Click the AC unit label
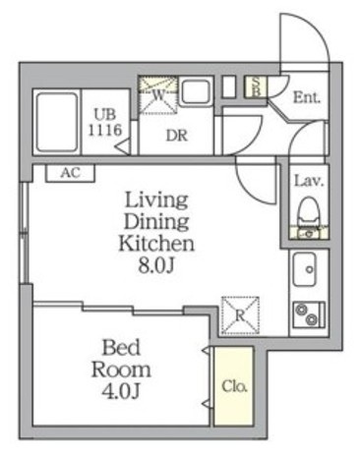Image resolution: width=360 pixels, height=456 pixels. pyautogui.click(x=70, y=173)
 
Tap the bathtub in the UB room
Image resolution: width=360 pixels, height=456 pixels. pyautogui.click(x=57, y=122)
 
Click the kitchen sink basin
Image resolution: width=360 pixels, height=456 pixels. pyautogui.click(x=305, y=268)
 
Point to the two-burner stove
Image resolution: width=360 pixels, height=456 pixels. pyautogui.click(x=309, y=314)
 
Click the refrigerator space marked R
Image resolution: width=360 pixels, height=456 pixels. pyautogui.click(x=240, y=315)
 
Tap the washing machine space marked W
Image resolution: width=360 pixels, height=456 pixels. pyautogui.click(x=158, y=94)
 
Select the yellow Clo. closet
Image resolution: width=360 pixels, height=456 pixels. pyautogui.click(x=233, y=386)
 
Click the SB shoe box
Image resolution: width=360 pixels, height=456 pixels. pyautogui.click(x=256, y=86)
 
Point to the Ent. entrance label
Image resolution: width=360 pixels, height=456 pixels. pyautogui.click(x=306, y=97)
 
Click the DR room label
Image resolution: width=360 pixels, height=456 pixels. pyautogui.click(x=177, y=136)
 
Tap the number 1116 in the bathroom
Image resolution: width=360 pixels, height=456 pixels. pyautogui.click(x=105, y=130)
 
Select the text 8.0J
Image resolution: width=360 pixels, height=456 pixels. pyautogui.click(x=155, y=266)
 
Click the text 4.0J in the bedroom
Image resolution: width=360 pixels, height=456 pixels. pyautogui.click(x=121, y=391)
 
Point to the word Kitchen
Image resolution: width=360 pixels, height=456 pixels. pyautogui.click(x=156, y=244)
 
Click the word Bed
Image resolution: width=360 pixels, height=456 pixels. pyautogui.click(x=121, y=348)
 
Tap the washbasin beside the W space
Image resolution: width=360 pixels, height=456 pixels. pyautogui.click(x=196, y=91)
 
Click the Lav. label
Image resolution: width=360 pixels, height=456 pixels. pyautogui.click(x=309, y=181)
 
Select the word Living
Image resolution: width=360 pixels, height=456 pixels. pyautogui.click(x=156, y=201)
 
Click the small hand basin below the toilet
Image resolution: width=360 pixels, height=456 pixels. pyautogui.click(x=309, y=233)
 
